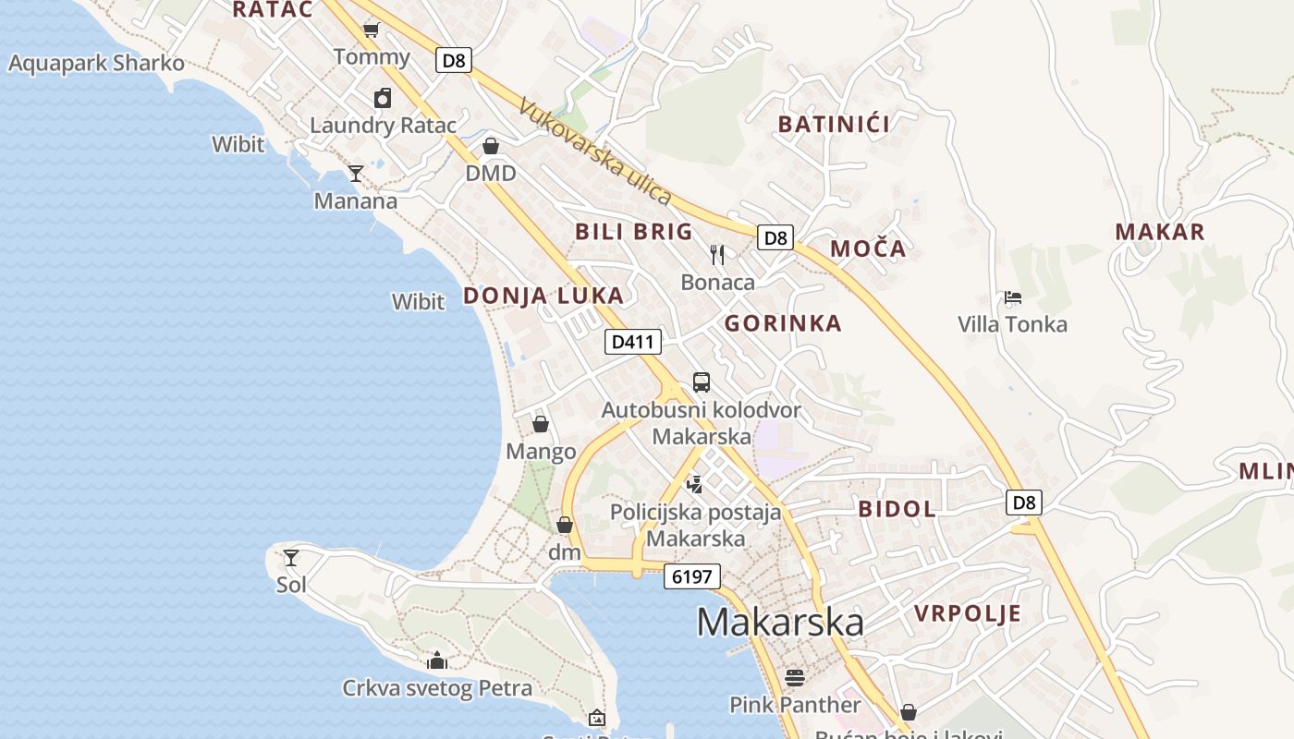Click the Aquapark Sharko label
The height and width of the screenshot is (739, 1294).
coord(96,64)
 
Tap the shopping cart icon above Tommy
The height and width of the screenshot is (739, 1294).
coord(371,30)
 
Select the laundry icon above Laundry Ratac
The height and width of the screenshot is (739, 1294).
coord(383,98)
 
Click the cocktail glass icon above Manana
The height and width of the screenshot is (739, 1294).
coord(356,173)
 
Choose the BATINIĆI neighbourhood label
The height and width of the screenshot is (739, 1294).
coord(834,124)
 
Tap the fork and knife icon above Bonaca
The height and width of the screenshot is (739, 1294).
coord(717,254)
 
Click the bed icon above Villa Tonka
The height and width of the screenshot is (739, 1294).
coord(1013,297)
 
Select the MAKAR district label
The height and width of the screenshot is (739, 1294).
coord(1160,232)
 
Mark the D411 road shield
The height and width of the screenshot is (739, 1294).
coord(633,342)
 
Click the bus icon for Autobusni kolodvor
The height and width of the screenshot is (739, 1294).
coord(702,382)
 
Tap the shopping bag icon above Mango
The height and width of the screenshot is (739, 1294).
coord(541,424)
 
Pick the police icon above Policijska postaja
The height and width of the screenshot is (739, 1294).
coord(695,484)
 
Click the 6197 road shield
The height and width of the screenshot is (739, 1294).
coord(691,577)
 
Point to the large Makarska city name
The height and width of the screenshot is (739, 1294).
coord(780,622)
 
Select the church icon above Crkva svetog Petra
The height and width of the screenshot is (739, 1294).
coord(437,660)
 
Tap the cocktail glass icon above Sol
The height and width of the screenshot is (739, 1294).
coord(291,557)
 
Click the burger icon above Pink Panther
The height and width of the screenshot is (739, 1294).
coord(795,678)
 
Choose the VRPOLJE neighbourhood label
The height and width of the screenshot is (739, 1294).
coord(968,613)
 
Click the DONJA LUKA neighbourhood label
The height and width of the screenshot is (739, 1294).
coord(543,296)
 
